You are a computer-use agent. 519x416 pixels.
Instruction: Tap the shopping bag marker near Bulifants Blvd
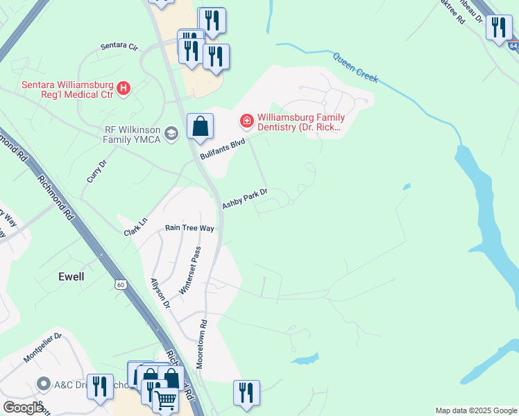(x=200, y=126)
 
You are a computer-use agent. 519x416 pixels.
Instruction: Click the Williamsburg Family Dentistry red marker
(x=246, y=121)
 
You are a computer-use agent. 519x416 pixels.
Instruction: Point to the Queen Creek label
(x=355, y=68)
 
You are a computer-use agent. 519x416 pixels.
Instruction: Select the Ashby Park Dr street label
(x=244, y=199)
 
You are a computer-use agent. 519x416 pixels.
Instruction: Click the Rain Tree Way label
(x=189, y=228)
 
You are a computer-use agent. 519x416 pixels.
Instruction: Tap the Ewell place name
(x=71, y=277)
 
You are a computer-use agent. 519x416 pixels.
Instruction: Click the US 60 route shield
(x=121, y=284)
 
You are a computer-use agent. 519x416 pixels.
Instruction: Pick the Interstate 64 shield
(x=512, y=45)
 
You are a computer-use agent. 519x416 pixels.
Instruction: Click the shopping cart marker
(x=165, y=400)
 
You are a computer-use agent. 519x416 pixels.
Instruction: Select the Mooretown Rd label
(x=201, y=343)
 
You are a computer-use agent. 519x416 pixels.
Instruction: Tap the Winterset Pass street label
(x=189, y=270)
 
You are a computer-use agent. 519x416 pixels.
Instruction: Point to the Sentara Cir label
(x=119, y=46)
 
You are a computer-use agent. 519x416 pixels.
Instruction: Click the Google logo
(x=23, y=408)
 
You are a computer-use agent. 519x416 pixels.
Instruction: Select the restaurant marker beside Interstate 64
(x=498, y=28)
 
